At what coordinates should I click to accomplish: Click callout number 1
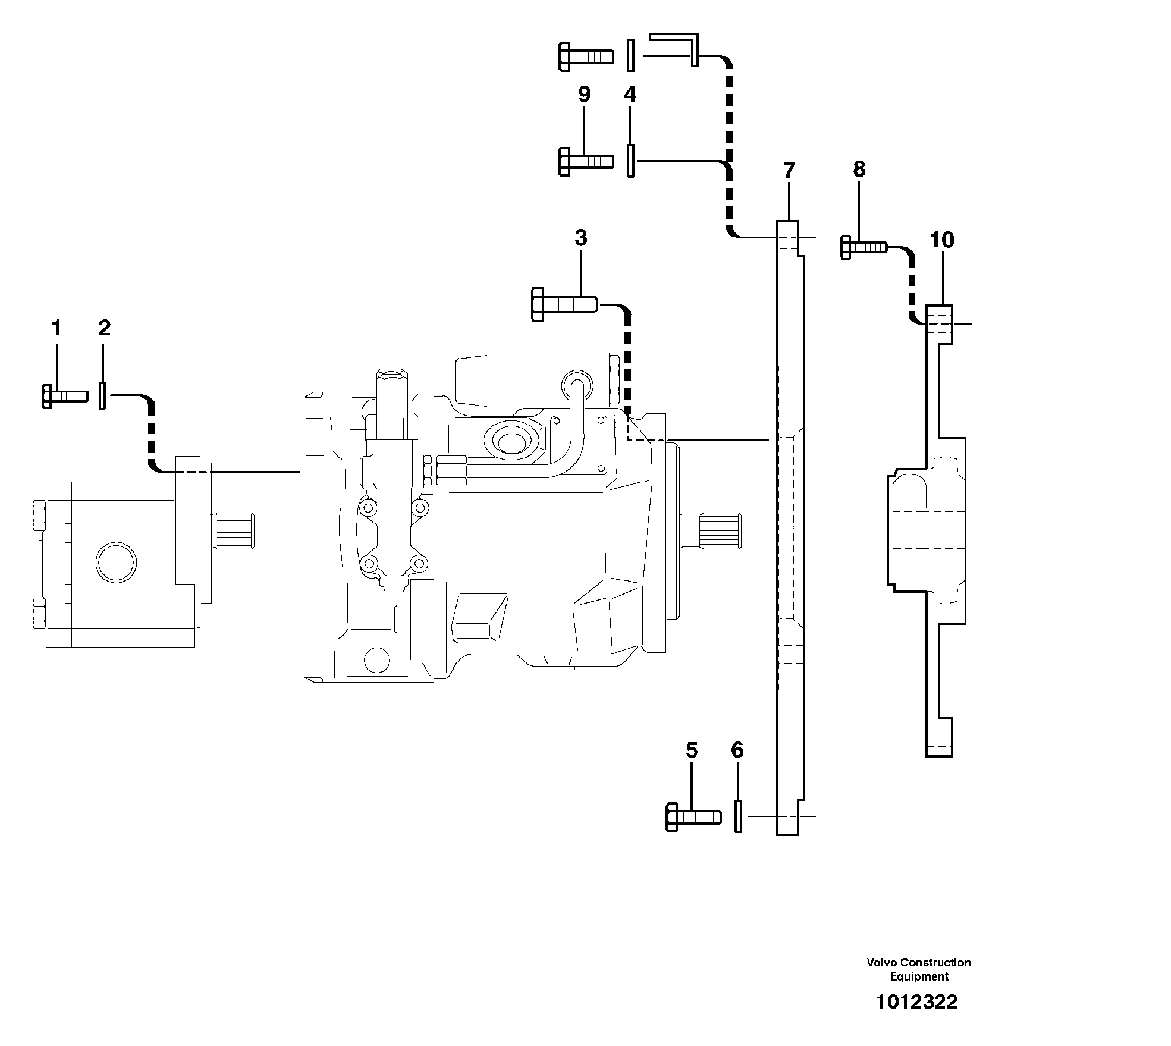[x=57, y=329]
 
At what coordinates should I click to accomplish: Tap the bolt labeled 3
[x=564, y=304]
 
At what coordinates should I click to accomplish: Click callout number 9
[x=584, y=94]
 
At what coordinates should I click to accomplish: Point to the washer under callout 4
[x=631, y=161]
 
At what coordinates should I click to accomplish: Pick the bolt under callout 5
[x=693, y=817]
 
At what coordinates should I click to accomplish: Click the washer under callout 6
[x=738, y=816]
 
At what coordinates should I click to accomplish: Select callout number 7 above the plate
[x=789, y=170]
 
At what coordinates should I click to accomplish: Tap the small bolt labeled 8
[x=863, y=248]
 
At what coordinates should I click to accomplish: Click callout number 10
[x=942, y=240]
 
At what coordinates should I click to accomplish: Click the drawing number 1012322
[x=917, y=1002]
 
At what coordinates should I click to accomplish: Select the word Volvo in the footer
[x=882, y=963]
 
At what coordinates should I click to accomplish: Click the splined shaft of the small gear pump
[x=234, y=531]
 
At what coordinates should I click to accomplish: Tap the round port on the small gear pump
[x=116, y=562]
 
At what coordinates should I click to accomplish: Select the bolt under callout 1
[x=65, y=397]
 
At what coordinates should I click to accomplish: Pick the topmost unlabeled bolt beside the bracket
[x=586, y=57]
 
